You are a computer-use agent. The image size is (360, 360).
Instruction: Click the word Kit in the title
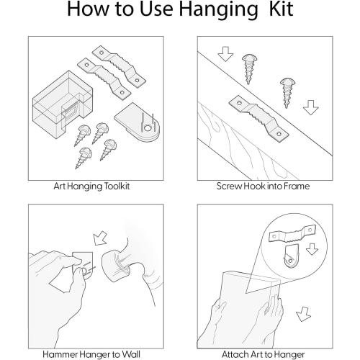[x=281, y=9]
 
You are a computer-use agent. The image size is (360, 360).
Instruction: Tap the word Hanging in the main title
[x=218, y=11]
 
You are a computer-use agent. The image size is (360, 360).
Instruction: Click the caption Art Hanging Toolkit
[x=91, y=186]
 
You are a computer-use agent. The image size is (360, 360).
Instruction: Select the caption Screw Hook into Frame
[x=263, y=186]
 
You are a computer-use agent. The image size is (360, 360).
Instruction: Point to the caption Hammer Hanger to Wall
[x=91, y=354]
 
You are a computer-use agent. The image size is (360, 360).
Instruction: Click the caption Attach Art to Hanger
[x=264, y=354]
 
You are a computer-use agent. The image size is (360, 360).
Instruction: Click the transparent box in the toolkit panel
[x=63, y=104]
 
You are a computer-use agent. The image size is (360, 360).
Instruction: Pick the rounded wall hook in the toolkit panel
[x=138, y=122]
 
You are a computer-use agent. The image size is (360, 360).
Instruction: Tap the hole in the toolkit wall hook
[x=148, y=128]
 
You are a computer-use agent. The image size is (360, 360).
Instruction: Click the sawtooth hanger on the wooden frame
[x=258, y=118]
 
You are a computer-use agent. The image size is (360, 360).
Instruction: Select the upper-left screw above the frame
[x=249, y=68]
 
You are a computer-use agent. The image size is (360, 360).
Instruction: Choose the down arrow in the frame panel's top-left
[x=225, y=54]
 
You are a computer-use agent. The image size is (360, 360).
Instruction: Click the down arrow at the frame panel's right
[x=311, y=107]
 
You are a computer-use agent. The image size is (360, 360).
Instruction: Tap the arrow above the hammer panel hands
[x=100, y=238]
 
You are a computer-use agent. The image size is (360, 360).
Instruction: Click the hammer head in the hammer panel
[x=116, y=266]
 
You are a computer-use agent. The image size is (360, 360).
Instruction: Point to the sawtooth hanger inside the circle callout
[x=292, y=233]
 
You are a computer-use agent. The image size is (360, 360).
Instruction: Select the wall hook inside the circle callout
[x=291, y=256]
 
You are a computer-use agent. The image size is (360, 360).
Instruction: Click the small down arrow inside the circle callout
[x=312, y=249]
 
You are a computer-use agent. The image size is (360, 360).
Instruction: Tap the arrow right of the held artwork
[x=304, y=314]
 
